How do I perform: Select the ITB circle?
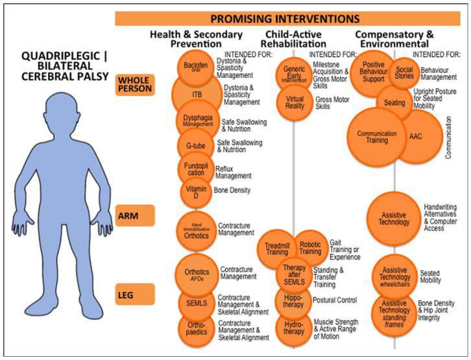pos(197,95)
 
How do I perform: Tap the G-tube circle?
pos(195,145)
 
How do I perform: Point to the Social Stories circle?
pos(404,73)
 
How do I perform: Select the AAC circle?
pos(416,136)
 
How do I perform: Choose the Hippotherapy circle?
pos(295,299)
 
